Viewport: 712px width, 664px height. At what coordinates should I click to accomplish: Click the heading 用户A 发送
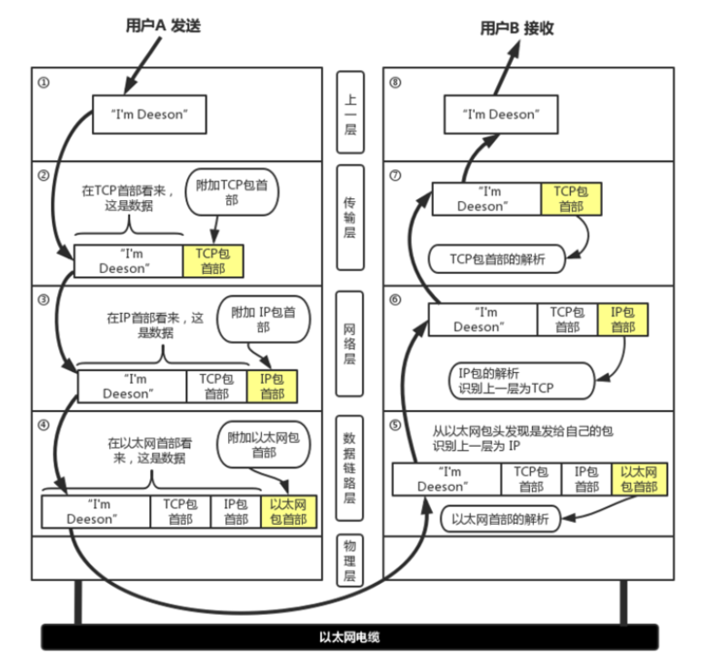point(163,25)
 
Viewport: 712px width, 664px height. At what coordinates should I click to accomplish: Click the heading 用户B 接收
point(517,28)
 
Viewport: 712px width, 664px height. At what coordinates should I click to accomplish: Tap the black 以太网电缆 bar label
point(349,637)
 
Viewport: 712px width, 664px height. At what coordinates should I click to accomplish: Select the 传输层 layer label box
point(350,217)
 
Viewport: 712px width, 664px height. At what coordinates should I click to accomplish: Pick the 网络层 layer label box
point(349,344)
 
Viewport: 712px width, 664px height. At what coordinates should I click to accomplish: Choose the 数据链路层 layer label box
point(349,468)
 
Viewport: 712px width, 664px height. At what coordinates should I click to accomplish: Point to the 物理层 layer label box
point(349,560)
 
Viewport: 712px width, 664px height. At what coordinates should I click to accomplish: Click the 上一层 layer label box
point(350,113)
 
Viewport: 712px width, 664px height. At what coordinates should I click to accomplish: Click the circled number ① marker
point(44,83)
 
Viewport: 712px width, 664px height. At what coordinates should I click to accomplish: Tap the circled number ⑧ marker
point(396,83)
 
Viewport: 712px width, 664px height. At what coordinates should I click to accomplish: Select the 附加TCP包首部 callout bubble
point(232,192)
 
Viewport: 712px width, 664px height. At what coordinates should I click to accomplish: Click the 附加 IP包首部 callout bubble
point(264,319)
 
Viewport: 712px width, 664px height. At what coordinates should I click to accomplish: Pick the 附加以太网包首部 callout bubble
point(264,445)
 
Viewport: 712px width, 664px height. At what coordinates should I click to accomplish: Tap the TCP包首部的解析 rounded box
point(497,259)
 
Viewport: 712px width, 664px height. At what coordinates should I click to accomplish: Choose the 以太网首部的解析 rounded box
point(500,518)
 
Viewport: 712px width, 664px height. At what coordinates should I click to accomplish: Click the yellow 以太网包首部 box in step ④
point(289,512)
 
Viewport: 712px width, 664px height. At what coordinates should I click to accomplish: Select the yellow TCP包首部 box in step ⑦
point(571,199)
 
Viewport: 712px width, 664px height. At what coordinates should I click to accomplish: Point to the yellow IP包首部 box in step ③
point(272,387)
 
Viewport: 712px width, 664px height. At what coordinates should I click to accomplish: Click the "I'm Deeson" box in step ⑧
point(501,115)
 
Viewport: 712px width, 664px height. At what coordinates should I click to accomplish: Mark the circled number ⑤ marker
point(396,425)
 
